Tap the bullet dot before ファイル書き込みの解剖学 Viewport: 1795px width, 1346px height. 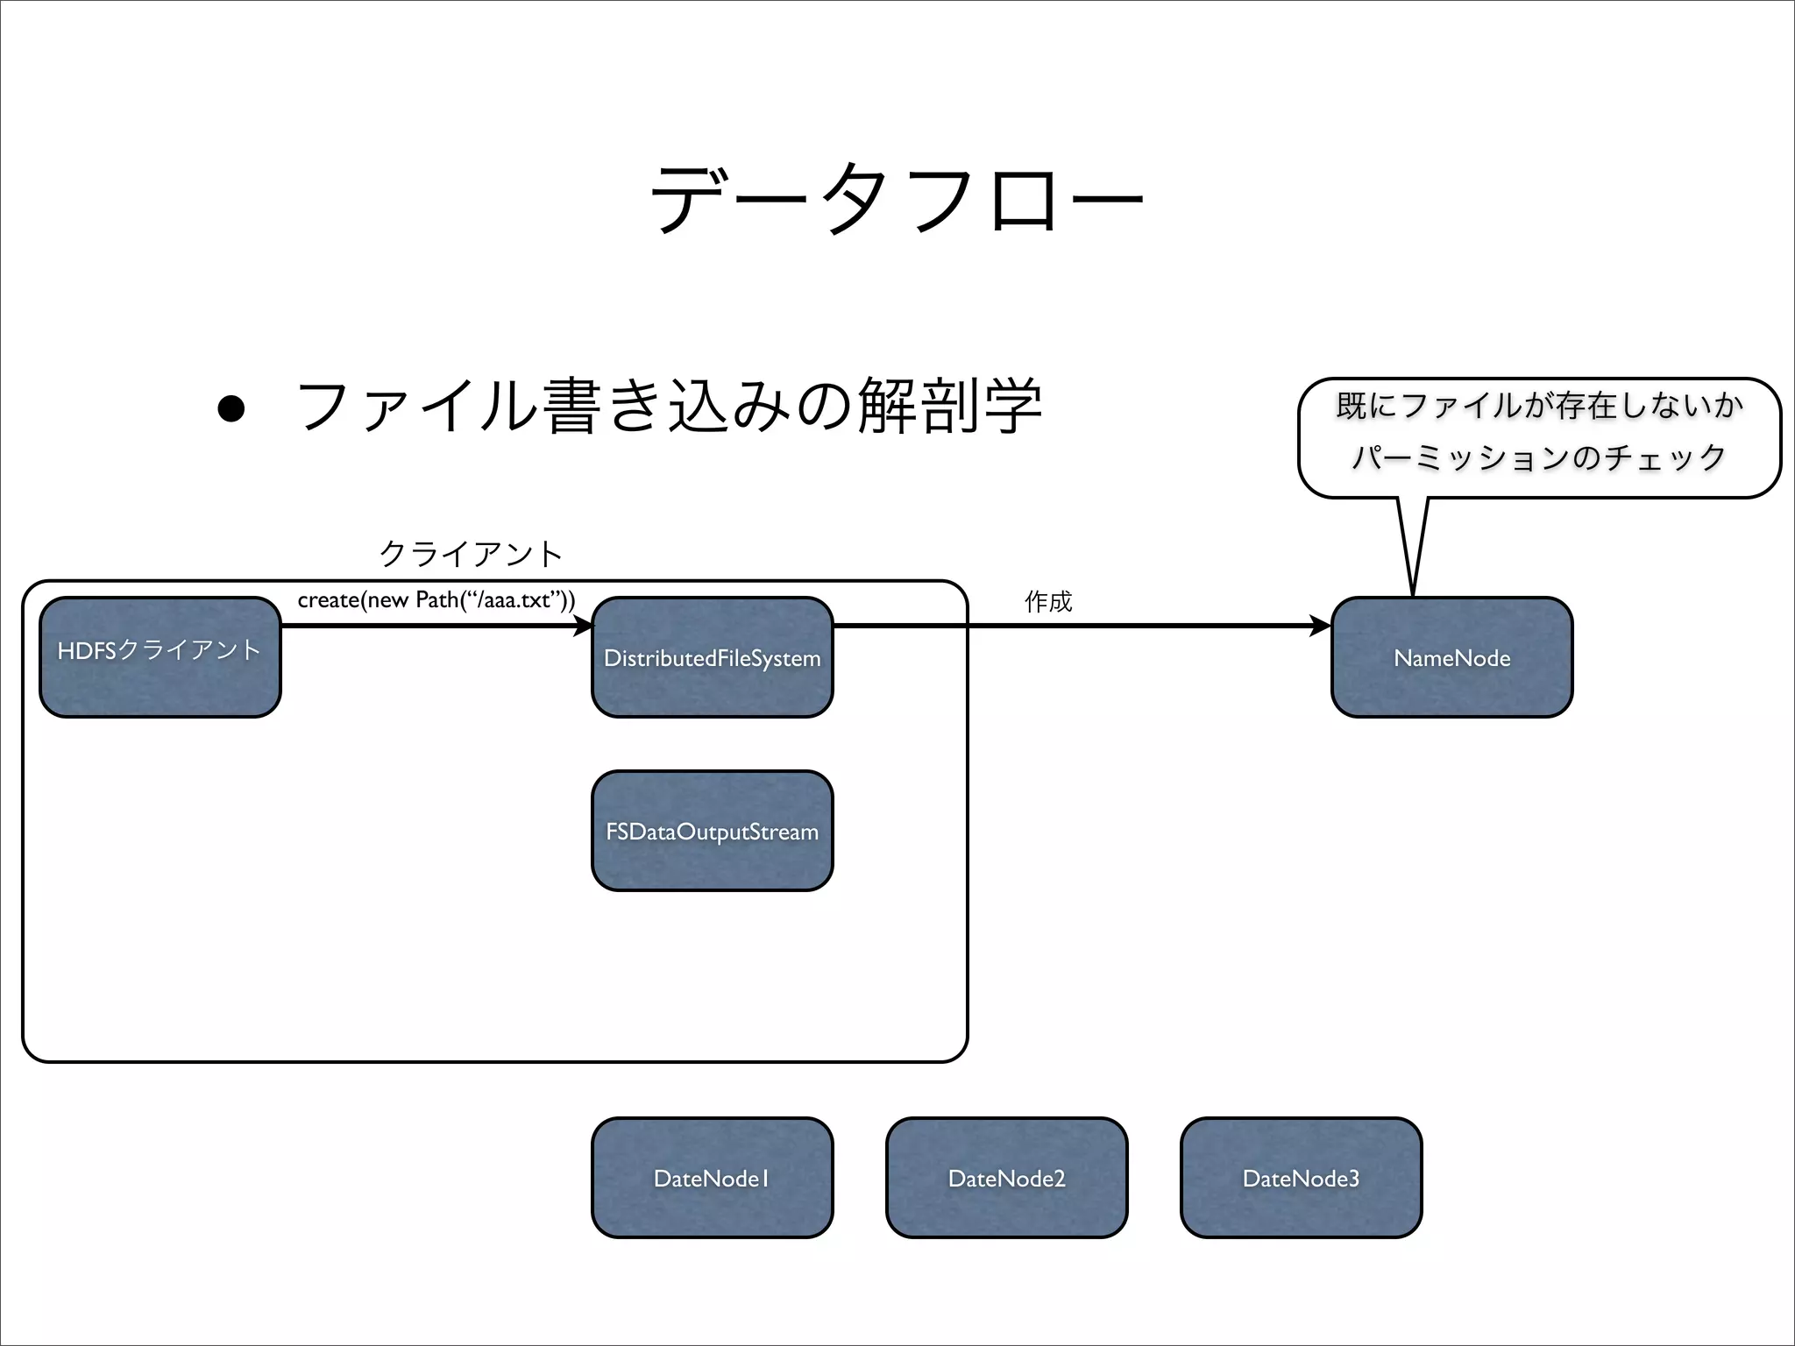[x=231, y=408]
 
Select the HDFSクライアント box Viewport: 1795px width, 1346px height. [x=160, y=657]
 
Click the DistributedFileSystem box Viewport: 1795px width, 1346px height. [x=712, y=657]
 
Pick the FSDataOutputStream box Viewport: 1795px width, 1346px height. [x=712, y=831]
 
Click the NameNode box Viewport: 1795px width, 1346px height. [x=1451, y=657]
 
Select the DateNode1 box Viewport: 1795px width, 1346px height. [x=712, y=1178]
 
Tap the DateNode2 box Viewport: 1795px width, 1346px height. [x=1006, y=1178]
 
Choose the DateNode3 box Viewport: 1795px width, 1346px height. [x=1301, y=1178]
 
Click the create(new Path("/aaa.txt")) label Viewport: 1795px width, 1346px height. [x=436, y=600]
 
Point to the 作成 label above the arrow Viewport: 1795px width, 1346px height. [x=1047, y=601]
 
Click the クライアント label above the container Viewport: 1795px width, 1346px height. [x=471, y=553]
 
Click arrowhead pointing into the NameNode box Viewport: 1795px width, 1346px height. [x=1321, y=626]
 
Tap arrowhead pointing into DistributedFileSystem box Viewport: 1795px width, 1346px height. [x=583, y=626]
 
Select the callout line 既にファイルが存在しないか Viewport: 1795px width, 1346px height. [x=1539, y=406]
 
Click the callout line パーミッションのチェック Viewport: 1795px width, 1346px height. [x=1539, y=457]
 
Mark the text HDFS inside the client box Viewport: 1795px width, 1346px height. [x=86, y=650]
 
